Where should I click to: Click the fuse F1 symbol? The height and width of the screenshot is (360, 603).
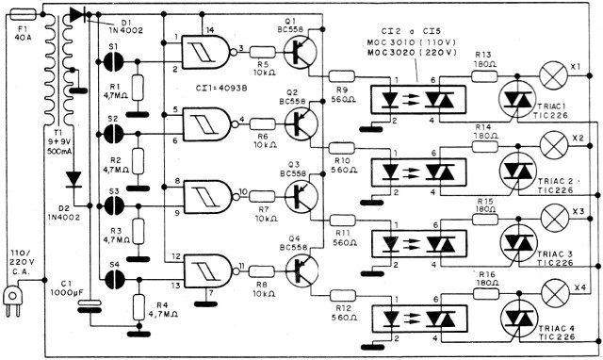24,16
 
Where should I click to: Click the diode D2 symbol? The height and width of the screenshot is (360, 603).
73,178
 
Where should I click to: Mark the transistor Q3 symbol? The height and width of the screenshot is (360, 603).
301,197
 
